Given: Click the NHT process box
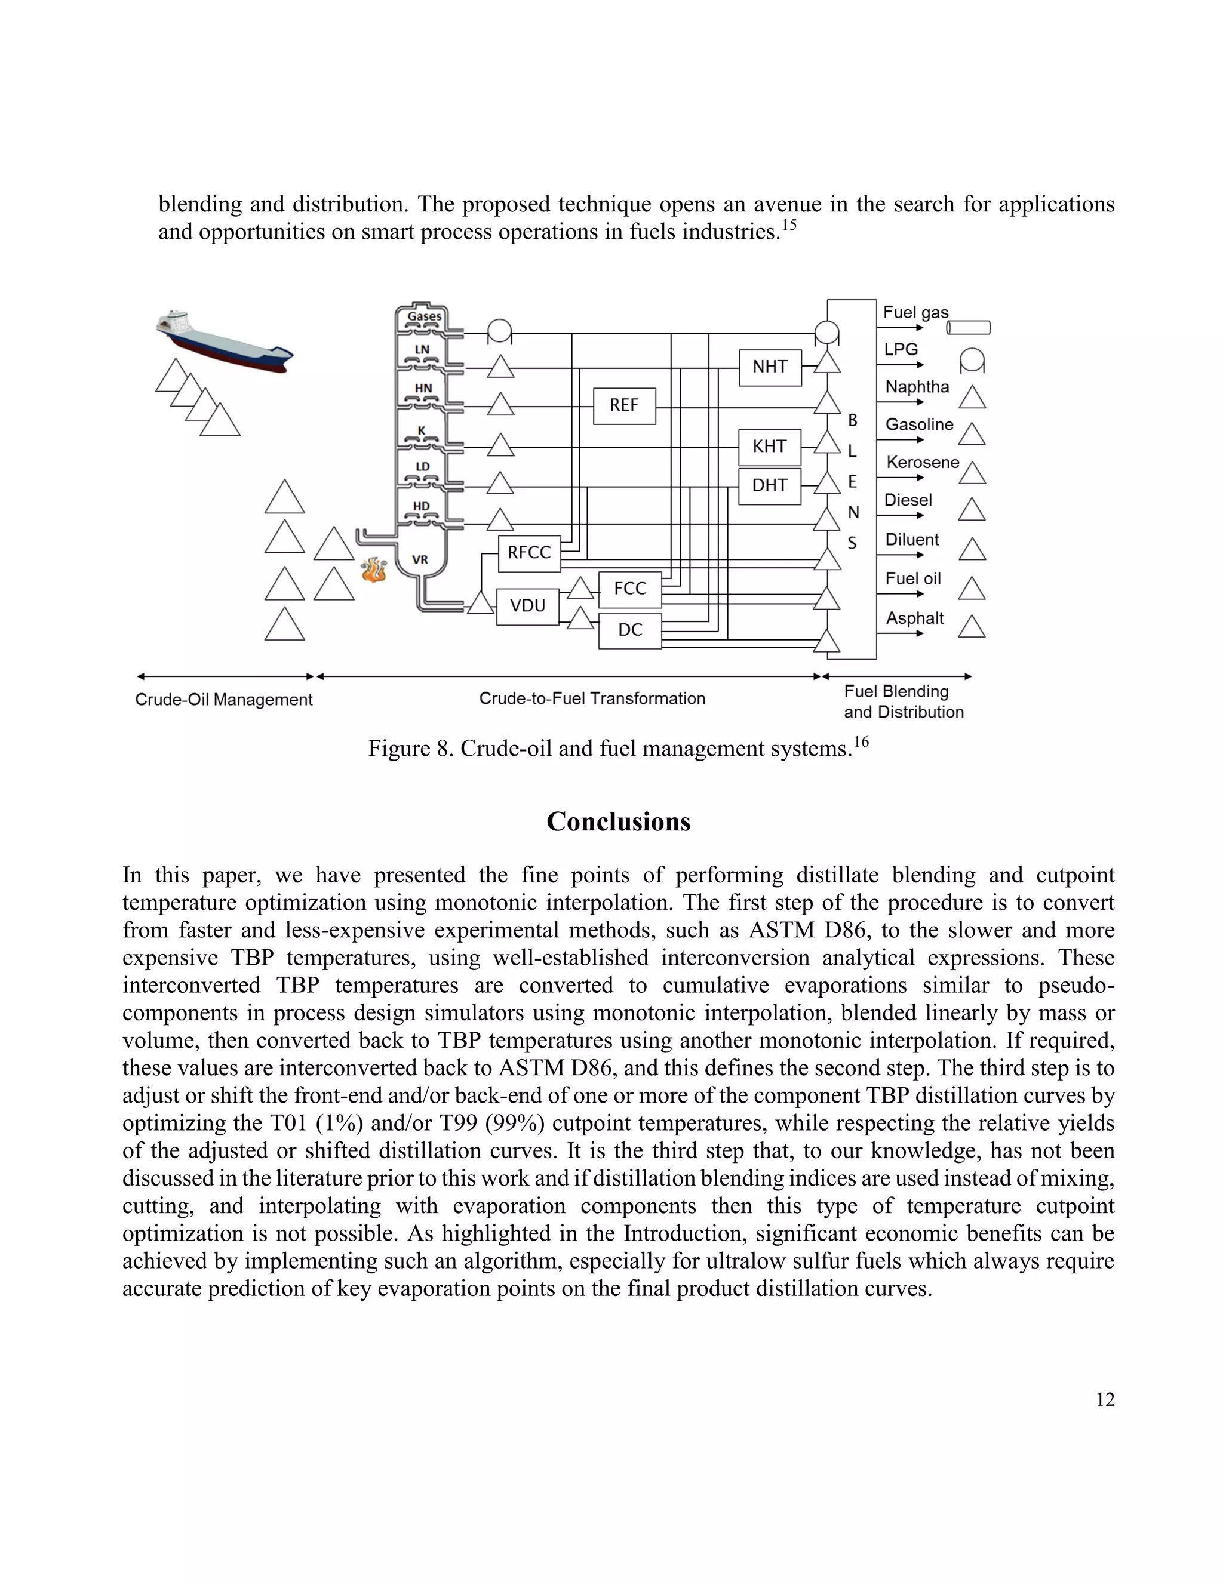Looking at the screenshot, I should (769, 367).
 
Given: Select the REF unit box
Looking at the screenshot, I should (624, 405).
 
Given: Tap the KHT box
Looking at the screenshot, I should (769, 447).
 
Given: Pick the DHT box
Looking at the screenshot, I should (769, 486).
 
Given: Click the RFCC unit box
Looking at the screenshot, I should (529, 553).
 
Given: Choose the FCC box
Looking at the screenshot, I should (629, 589).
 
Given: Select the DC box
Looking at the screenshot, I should (629, 630).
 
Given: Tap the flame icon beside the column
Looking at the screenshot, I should (374, 570).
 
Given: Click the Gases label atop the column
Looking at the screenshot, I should (424, 316).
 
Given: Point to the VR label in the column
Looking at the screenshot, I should (420, 560).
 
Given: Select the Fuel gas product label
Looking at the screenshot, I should (915, 312).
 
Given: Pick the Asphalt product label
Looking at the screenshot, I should (914, 618).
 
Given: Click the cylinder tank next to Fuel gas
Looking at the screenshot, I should (968, 328).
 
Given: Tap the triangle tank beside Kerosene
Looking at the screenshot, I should (972, 474).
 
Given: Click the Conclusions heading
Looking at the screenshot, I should (618, 821).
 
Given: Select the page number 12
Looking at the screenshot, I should (1104, 1399).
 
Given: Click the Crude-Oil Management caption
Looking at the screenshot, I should (223, 700).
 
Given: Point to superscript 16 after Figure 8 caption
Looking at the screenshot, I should (861, 741).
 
